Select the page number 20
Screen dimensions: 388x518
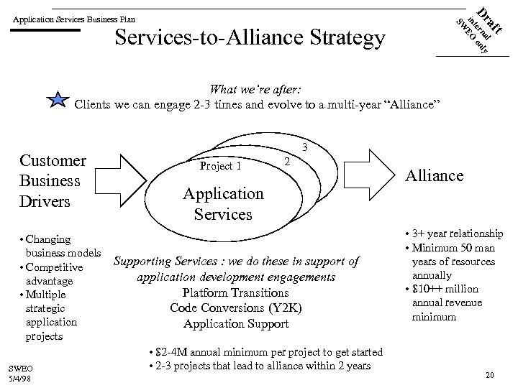490,374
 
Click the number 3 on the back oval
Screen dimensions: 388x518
305,147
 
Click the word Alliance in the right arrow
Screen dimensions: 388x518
435,175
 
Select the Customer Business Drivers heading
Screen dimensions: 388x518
53,180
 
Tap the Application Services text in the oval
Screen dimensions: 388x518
223,203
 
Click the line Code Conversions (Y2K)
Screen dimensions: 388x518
235,308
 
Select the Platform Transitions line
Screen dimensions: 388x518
235,292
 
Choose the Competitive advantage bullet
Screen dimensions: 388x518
53,274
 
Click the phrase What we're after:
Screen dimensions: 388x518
255,89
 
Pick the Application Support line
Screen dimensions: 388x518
235,323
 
